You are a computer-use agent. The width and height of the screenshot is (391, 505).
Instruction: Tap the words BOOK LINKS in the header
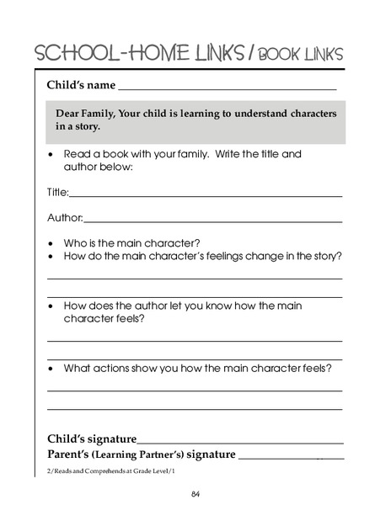pyautogui.click(x=299, y=55)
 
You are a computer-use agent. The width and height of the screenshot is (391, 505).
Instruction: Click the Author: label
pyautogui.click(x=64, y=219)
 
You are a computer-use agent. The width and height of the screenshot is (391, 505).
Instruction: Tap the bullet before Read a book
pyautogui.click(x=52, y=156)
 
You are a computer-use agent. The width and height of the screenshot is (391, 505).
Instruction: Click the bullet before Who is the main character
pyautogui.click(x=52, y=242)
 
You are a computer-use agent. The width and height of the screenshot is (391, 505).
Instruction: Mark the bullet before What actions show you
pyautogui.click(x=52, y=369)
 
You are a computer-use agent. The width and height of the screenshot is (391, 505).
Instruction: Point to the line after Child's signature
pyautogui.click(x=239, y=442)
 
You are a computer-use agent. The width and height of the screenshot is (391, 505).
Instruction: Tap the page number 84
pyautogui.click(x=195, y=492)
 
